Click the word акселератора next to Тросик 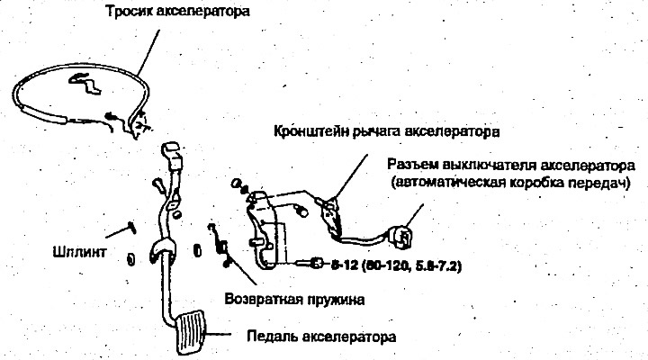[202, 12]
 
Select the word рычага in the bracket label [377, 131]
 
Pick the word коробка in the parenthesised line [536, 183]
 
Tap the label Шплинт [80, 252]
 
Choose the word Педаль [273, 336]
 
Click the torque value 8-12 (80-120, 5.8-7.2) [396, 265]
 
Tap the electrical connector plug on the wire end [400, 237]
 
